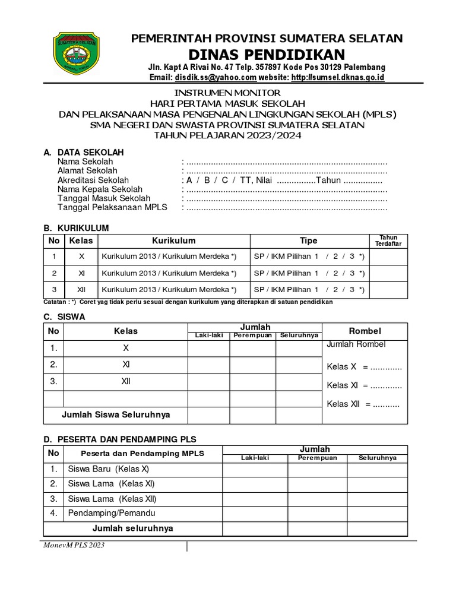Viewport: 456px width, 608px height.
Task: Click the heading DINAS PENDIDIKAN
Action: [267, 53]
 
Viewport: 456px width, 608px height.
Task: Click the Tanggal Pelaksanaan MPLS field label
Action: [112, 207]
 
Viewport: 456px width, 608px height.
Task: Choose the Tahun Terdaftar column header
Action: [388, 240]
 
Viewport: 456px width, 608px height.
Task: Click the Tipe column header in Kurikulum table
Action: [308, 240]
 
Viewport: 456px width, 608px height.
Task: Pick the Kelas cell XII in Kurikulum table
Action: [82, 290]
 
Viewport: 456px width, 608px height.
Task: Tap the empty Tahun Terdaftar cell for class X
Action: [388, 256]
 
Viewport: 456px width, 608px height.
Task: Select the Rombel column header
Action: [365, 331]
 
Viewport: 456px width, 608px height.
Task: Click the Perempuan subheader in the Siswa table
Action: [252, 335]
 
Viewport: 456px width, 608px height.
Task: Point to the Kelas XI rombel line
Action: [364, 385]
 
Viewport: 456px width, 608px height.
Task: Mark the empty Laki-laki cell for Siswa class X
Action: [209, 348]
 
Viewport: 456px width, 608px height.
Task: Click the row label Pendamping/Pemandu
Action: [111, 513]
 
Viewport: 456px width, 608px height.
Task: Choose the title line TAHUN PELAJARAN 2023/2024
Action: [228, 135]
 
